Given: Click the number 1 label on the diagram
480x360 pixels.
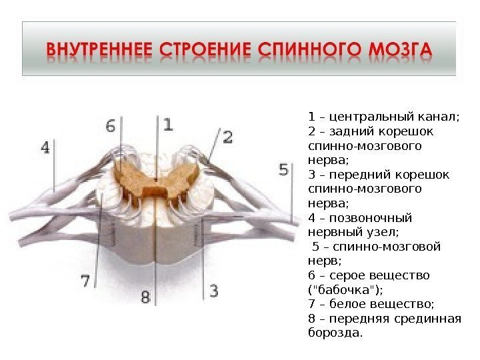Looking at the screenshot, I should [x=167, y=124].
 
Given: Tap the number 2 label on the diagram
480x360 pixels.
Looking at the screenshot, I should [x=227, y=138].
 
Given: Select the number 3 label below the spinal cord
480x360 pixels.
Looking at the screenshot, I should [x=213, y=291].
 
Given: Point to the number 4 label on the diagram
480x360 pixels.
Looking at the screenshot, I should [x=45, y=147].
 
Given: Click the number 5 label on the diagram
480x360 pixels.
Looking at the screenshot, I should [x=284, y=170].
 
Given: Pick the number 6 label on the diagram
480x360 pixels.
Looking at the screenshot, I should [x=110, y=125].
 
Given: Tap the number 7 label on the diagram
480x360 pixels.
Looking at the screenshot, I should [x=86, y=281].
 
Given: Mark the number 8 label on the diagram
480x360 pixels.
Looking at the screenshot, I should [x=145, y=296].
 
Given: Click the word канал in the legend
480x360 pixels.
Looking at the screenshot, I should [x=437, y=117].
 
